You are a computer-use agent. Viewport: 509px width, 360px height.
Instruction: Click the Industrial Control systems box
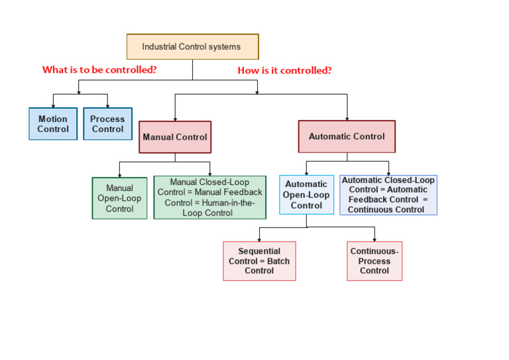pyautogui.click(x=192, y=47)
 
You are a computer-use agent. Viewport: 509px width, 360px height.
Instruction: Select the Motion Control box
pyautogui.click(x=53, y=124)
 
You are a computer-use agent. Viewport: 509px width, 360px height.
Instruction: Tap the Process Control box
pyautogui.click(x=107, y=124)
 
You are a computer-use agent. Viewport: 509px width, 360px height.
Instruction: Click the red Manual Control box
pyautogui.click(x=175, y=137)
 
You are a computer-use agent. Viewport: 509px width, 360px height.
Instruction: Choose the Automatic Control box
pyautogui.click(x=347, y=137)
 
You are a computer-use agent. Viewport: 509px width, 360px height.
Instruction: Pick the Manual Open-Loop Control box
pyautogui.click(x=119, y=198)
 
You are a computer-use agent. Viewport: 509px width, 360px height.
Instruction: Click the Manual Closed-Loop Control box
pyautogui.click(x=209, y=198)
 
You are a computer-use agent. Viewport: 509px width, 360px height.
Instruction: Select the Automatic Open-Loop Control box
pyautogui.click(x=306, y=195)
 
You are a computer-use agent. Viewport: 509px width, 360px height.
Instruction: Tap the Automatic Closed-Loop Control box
pyautogui.click(x=388, y=195)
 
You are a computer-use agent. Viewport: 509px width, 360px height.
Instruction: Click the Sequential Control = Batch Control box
pyautogui.click(x=259, y=261)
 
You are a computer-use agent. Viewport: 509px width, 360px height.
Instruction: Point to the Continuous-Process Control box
pyautogui.click(x=374, y=261)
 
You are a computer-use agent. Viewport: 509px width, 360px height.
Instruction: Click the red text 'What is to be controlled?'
pyautogui.click(x=99, y=70)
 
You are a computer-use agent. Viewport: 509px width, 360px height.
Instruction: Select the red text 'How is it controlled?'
pyautogui.click(x=284, y=70)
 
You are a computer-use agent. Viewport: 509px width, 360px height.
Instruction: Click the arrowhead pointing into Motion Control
pyautogui.click(x=80, y=105)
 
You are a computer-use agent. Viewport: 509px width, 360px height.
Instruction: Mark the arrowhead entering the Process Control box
pyautogui.click(x=107, y=105)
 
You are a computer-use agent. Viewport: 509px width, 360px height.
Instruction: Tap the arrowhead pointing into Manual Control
pyautogui.click(x=175, y=118)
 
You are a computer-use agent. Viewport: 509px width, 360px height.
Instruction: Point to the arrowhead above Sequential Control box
pyautogui.click(x=259, y=239)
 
